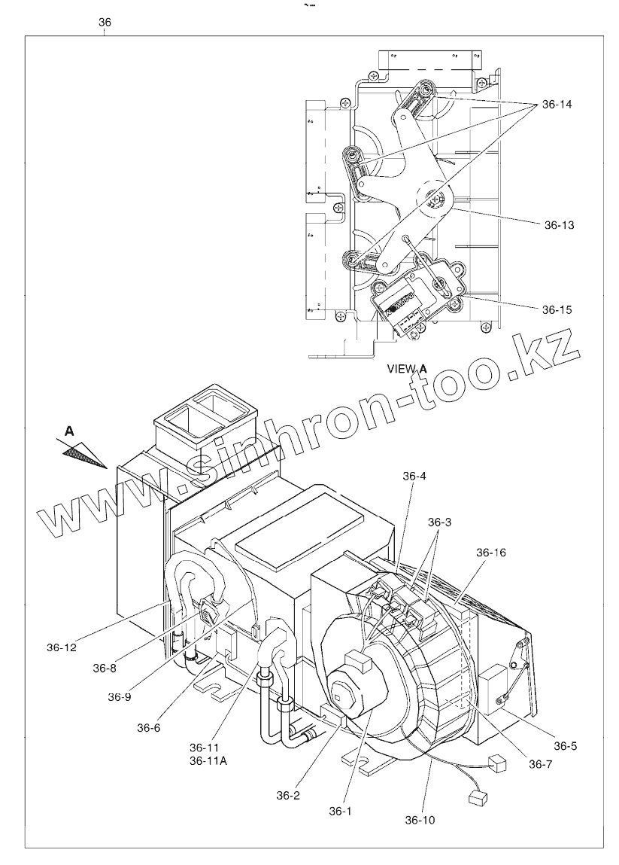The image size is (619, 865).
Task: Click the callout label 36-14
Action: (557, 105)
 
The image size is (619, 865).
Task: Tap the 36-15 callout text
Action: (557, 309)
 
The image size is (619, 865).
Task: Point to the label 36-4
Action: (414, 476)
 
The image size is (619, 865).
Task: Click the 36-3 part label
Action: (441, 522)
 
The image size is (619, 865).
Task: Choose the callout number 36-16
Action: (491, 553)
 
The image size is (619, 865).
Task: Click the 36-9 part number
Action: (120, 696)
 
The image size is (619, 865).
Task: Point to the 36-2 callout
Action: (290, 795)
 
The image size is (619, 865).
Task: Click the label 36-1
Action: (340, 811)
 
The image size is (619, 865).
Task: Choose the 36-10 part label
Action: (420, 819)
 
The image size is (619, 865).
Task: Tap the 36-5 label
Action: (566, 746)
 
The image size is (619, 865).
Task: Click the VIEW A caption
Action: (407, 369)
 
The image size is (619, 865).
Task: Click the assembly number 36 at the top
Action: (105, 23)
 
